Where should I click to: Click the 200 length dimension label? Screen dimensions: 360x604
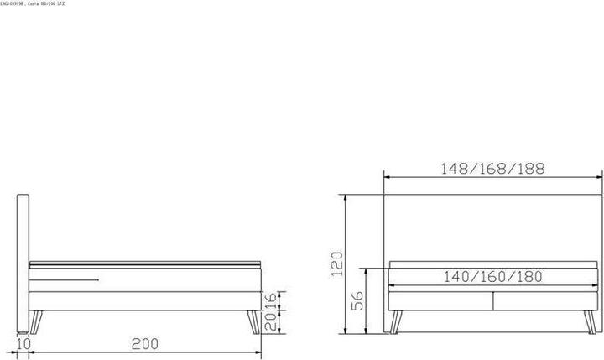145,344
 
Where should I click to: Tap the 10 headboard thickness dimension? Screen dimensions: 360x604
23,344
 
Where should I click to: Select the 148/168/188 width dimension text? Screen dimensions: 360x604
492,168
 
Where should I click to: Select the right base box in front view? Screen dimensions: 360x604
545,300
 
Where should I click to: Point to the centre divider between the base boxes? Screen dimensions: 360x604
493,300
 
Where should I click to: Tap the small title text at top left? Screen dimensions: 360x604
33,4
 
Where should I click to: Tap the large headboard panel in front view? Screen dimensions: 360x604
492,227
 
